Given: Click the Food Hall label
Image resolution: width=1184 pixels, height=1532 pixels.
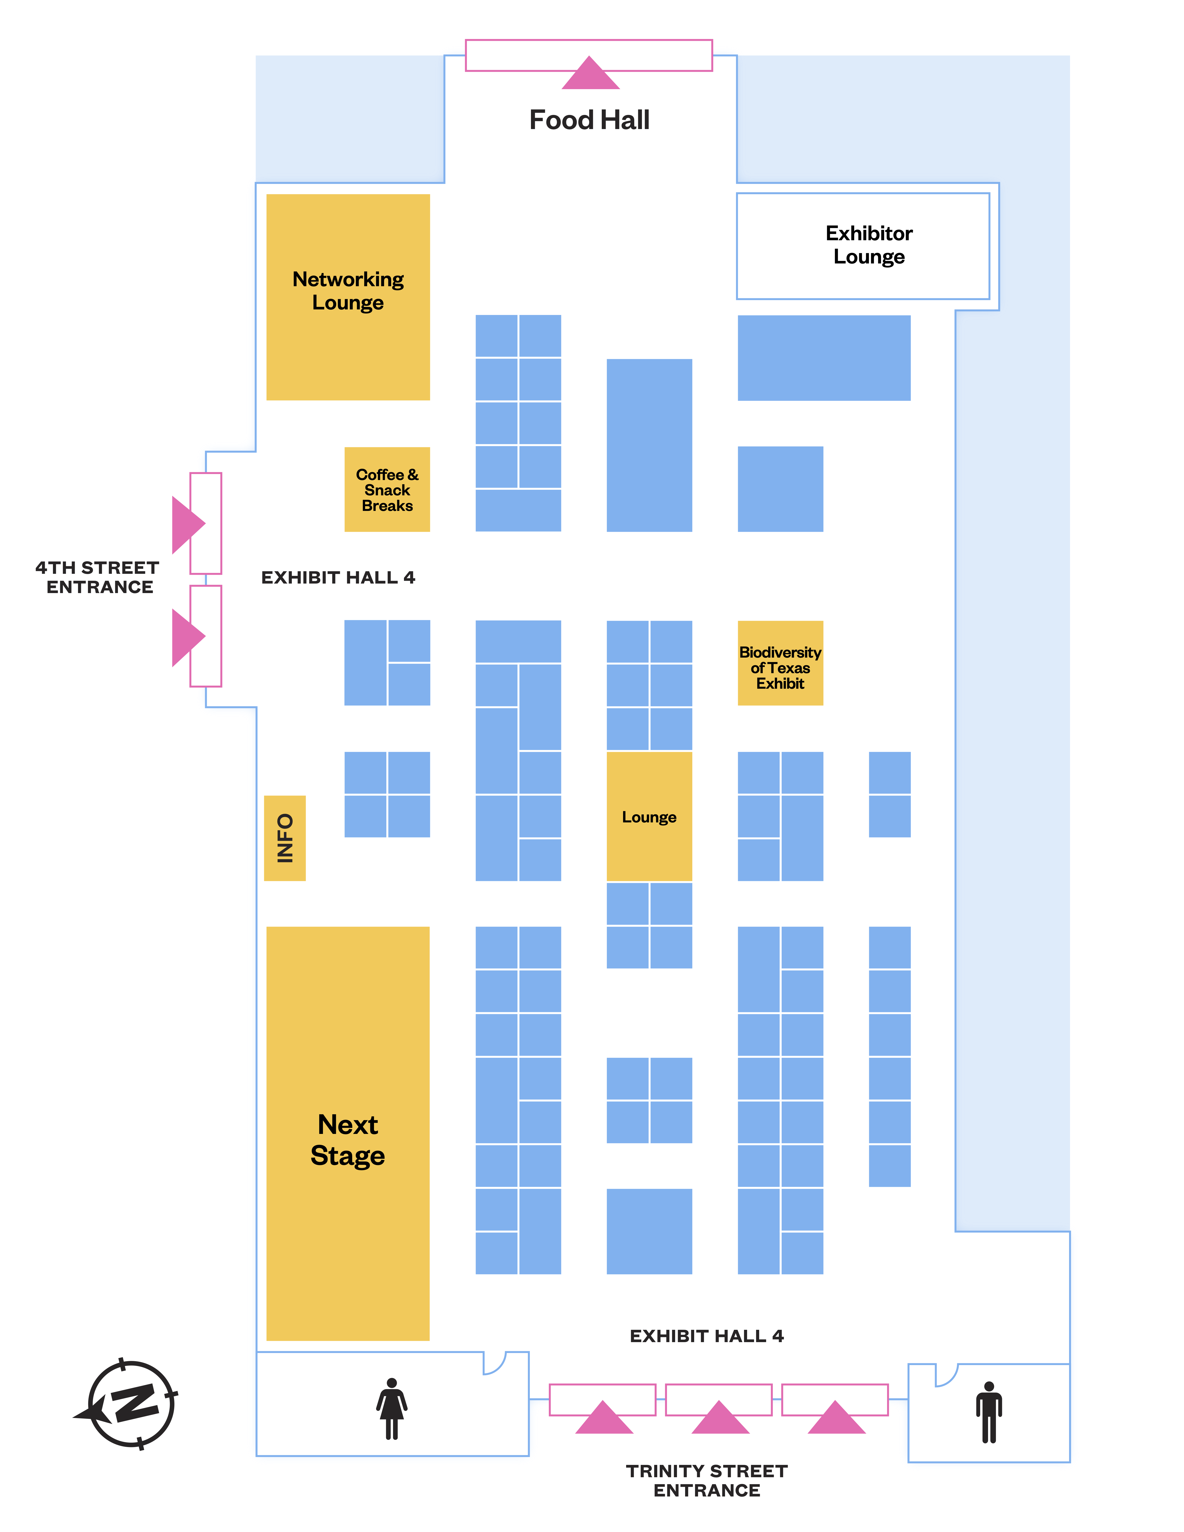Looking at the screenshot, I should [589, 120].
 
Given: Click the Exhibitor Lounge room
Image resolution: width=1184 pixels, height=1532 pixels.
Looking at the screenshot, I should [863, 246].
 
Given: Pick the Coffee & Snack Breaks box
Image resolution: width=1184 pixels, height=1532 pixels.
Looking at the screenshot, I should [387, 490].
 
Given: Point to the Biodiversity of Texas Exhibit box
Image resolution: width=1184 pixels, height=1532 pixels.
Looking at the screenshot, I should [780, 663].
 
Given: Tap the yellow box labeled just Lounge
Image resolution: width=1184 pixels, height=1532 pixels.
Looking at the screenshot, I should [649, 817].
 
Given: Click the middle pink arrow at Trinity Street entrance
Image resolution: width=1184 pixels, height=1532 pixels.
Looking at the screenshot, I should [720, 1418].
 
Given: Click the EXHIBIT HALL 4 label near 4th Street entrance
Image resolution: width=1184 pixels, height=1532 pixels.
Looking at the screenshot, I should [338, 577].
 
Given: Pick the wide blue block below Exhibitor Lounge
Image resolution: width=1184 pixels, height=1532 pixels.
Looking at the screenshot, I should [824, 358].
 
